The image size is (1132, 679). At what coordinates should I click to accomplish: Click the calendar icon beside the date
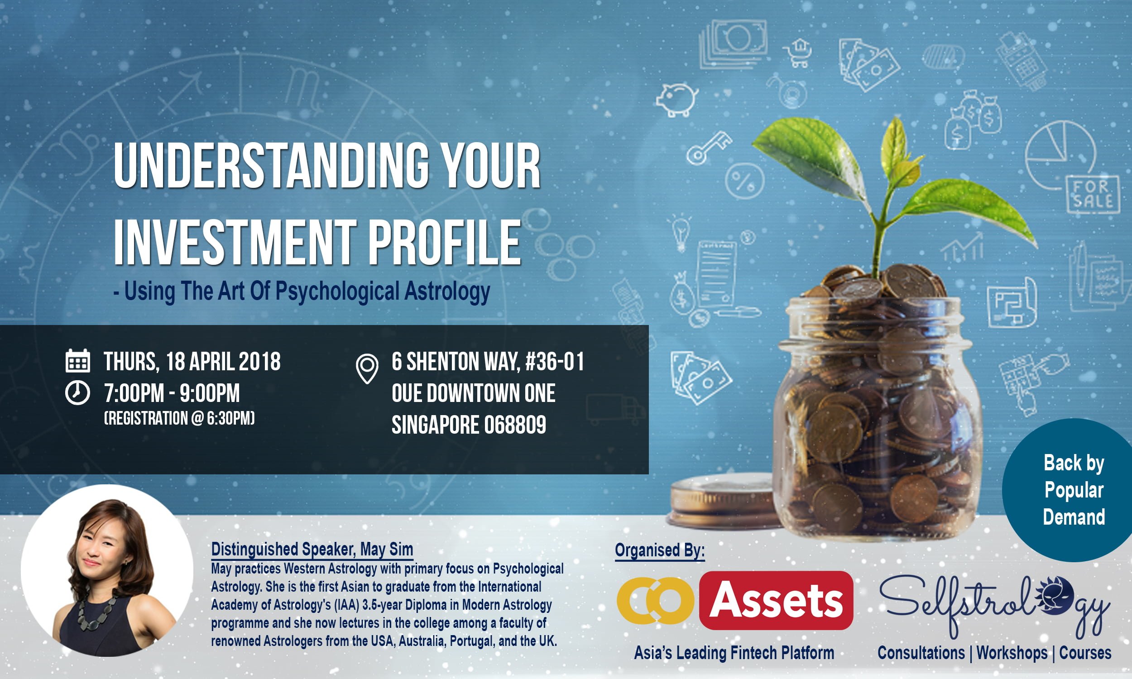[x=78, y=361]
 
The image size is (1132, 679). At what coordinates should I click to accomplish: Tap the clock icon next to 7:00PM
[x=77, y=392]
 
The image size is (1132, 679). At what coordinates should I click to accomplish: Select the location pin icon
[x=367, y=369]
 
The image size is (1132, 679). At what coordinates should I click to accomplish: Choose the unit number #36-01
[x=555, y=362]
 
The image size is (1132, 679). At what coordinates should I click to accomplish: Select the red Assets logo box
[x=776, y=601]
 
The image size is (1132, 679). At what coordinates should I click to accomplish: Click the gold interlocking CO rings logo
[x=655, y=601]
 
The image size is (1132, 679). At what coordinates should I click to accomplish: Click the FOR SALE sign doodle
[x=1093, y=194]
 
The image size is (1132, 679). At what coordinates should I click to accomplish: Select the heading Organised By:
[x=660, y=550]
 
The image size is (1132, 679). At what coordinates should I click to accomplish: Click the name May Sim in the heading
[x=387, y=549]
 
